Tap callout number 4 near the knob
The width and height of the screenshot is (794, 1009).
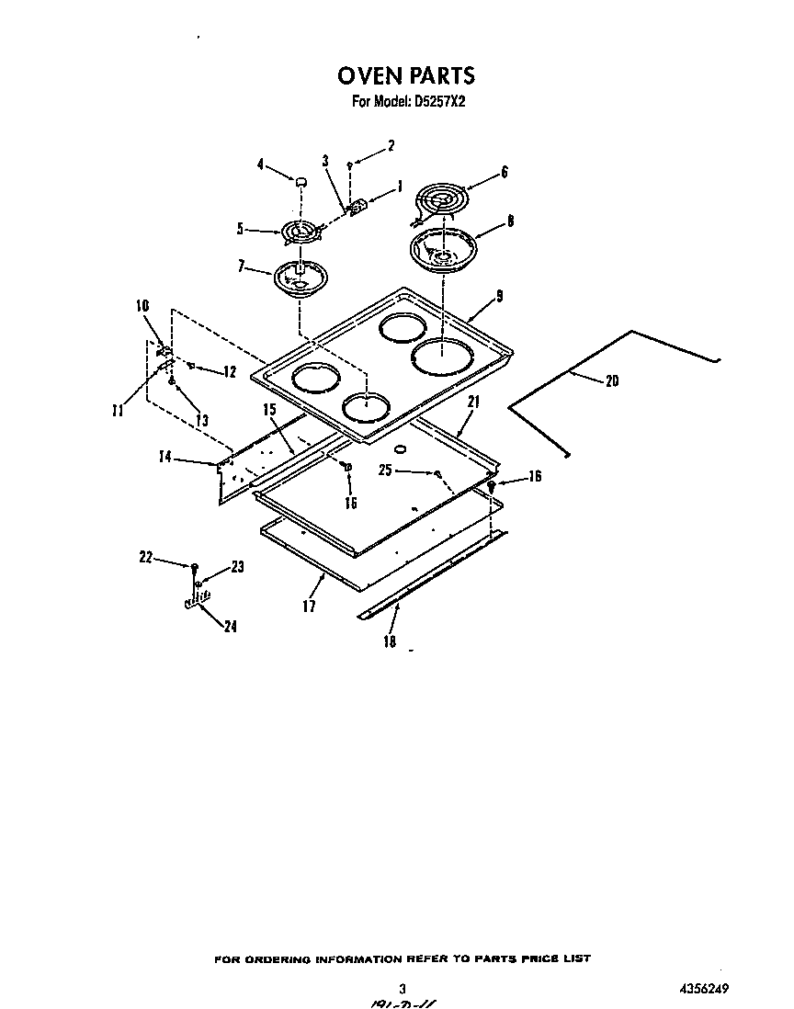pos(260,165)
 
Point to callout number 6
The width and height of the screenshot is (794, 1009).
pos(504,172)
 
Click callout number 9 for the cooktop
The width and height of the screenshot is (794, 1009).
pos(500,296)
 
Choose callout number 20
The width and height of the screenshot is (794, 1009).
pos(612,381)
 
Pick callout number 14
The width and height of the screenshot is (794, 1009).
pos(165,456)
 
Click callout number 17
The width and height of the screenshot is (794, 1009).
pos(309,607)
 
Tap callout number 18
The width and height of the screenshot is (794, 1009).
pos(390,642)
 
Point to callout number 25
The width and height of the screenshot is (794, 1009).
pos(384,470)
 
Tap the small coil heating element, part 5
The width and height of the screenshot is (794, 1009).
pos(302,232)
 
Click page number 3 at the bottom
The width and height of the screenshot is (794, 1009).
pos(403,988)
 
